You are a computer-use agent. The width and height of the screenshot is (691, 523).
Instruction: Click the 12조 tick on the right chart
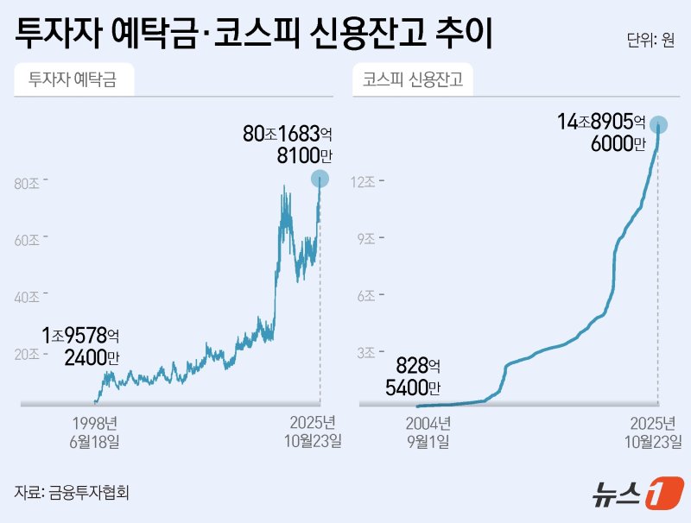(x=364, y=182)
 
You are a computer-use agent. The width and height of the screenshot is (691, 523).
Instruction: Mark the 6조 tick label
(x=366, y=296)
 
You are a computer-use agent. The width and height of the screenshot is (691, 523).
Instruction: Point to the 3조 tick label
(x=366, y=352)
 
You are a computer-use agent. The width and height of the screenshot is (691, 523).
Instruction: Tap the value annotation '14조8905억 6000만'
(x=601, y=133)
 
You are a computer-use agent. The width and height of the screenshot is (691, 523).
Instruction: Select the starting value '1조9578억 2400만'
(x=81, y=345)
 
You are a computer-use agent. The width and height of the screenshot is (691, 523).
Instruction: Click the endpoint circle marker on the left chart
(x=320, y=180)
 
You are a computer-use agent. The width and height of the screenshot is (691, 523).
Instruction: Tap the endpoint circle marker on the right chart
(x=659, y=123)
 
